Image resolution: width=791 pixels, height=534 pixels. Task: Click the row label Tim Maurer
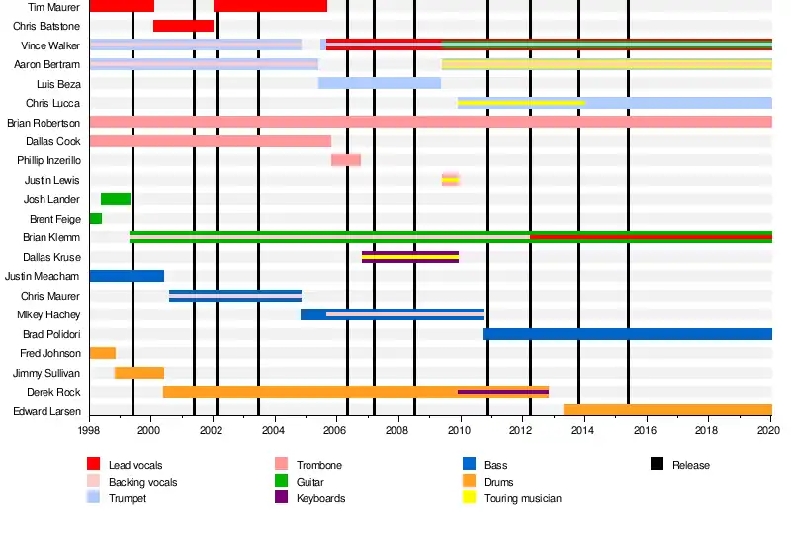coord(54,7)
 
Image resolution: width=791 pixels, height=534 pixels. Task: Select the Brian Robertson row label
coord(44,123)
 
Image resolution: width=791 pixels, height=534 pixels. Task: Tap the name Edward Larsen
coord(46,411)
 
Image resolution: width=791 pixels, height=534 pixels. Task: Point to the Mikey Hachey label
coord(48,314)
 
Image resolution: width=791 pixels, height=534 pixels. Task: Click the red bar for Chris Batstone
coord(183,26)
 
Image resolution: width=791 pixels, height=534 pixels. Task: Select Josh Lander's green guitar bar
coord(116,199)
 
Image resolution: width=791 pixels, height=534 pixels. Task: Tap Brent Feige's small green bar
coord(96,219)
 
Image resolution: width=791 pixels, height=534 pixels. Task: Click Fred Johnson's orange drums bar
coord(103,353)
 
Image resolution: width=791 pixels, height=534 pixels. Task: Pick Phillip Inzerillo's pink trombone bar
coord(346,160)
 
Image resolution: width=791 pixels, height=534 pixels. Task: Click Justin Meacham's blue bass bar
coord(127,276)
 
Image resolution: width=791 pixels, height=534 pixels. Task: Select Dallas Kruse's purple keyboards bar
coord(410,257)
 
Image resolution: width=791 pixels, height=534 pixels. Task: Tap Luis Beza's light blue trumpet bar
coord(380,83)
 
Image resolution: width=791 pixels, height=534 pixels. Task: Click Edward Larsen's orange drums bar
coord(667,410)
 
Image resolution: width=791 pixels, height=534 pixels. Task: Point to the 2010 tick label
coord(460,431)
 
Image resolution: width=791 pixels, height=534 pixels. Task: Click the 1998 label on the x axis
coord(89,431)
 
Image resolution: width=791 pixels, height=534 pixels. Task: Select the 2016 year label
coord(646,431)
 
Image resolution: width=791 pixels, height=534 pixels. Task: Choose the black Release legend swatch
coord(658,465)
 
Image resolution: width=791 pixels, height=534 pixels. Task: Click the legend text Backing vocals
coord(142,482)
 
